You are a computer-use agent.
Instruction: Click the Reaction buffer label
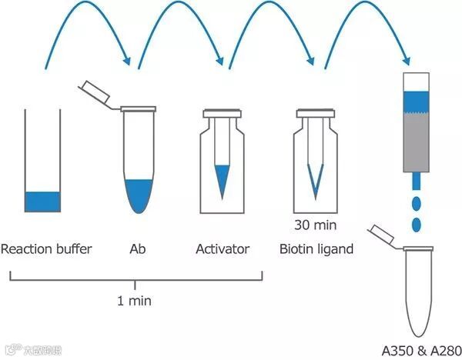(46, 249)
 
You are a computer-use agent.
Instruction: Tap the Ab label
(138, 249)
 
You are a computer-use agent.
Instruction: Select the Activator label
(223, 249)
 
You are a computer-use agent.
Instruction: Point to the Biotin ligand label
(316, 249)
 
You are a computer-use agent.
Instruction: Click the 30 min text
(316, 226)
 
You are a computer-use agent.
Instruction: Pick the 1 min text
(134, 301)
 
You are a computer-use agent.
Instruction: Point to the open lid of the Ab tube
(95, 93)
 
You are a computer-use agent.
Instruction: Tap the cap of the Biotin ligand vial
(316, 114)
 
